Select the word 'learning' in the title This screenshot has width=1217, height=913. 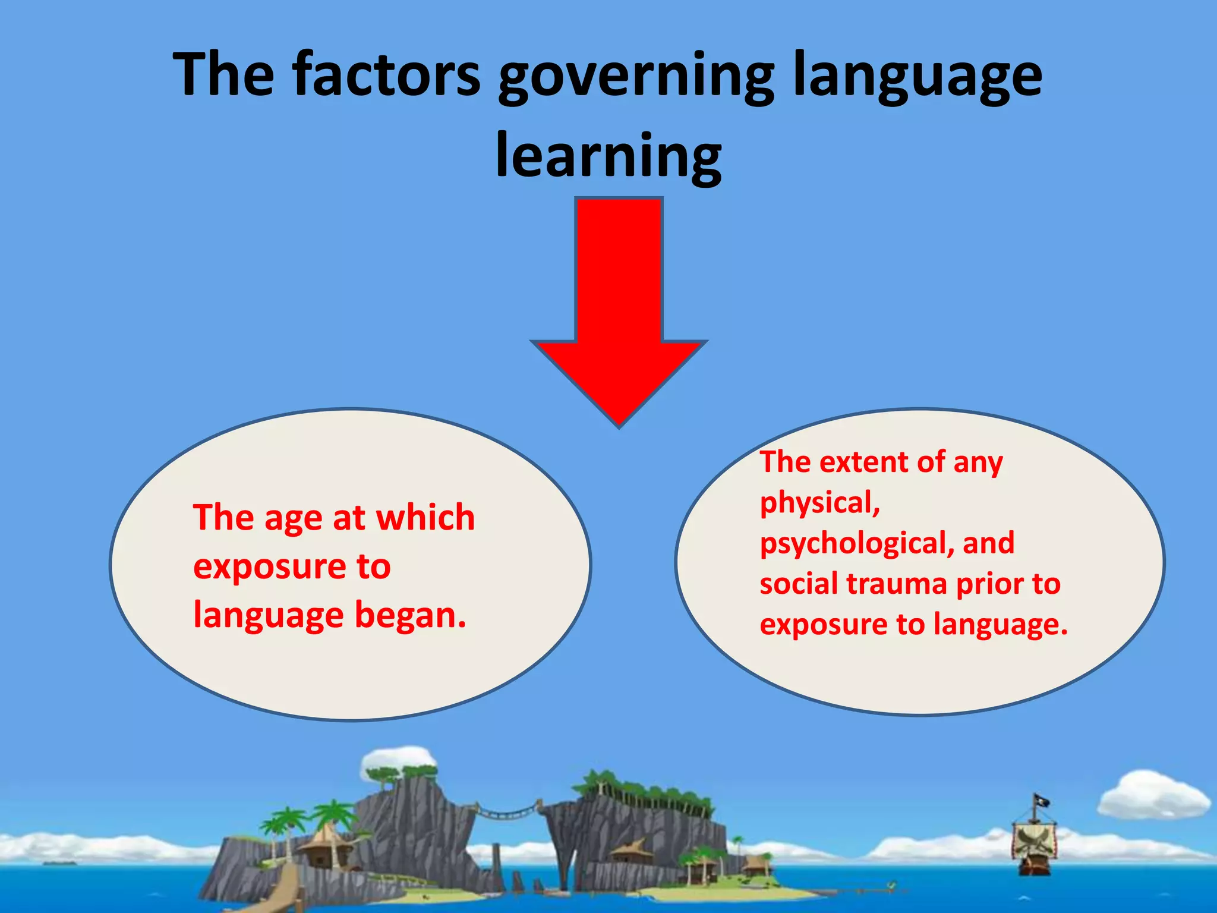click(x=608, y=156)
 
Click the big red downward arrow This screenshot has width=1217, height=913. click(x=619, y=309)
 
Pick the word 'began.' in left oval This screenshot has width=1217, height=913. click(x=410, y=615)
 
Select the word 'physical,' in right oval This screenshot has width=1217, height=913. click(x=820, y=503)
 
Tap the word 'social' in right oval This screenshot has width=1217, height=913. click(x=799, y=584)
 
